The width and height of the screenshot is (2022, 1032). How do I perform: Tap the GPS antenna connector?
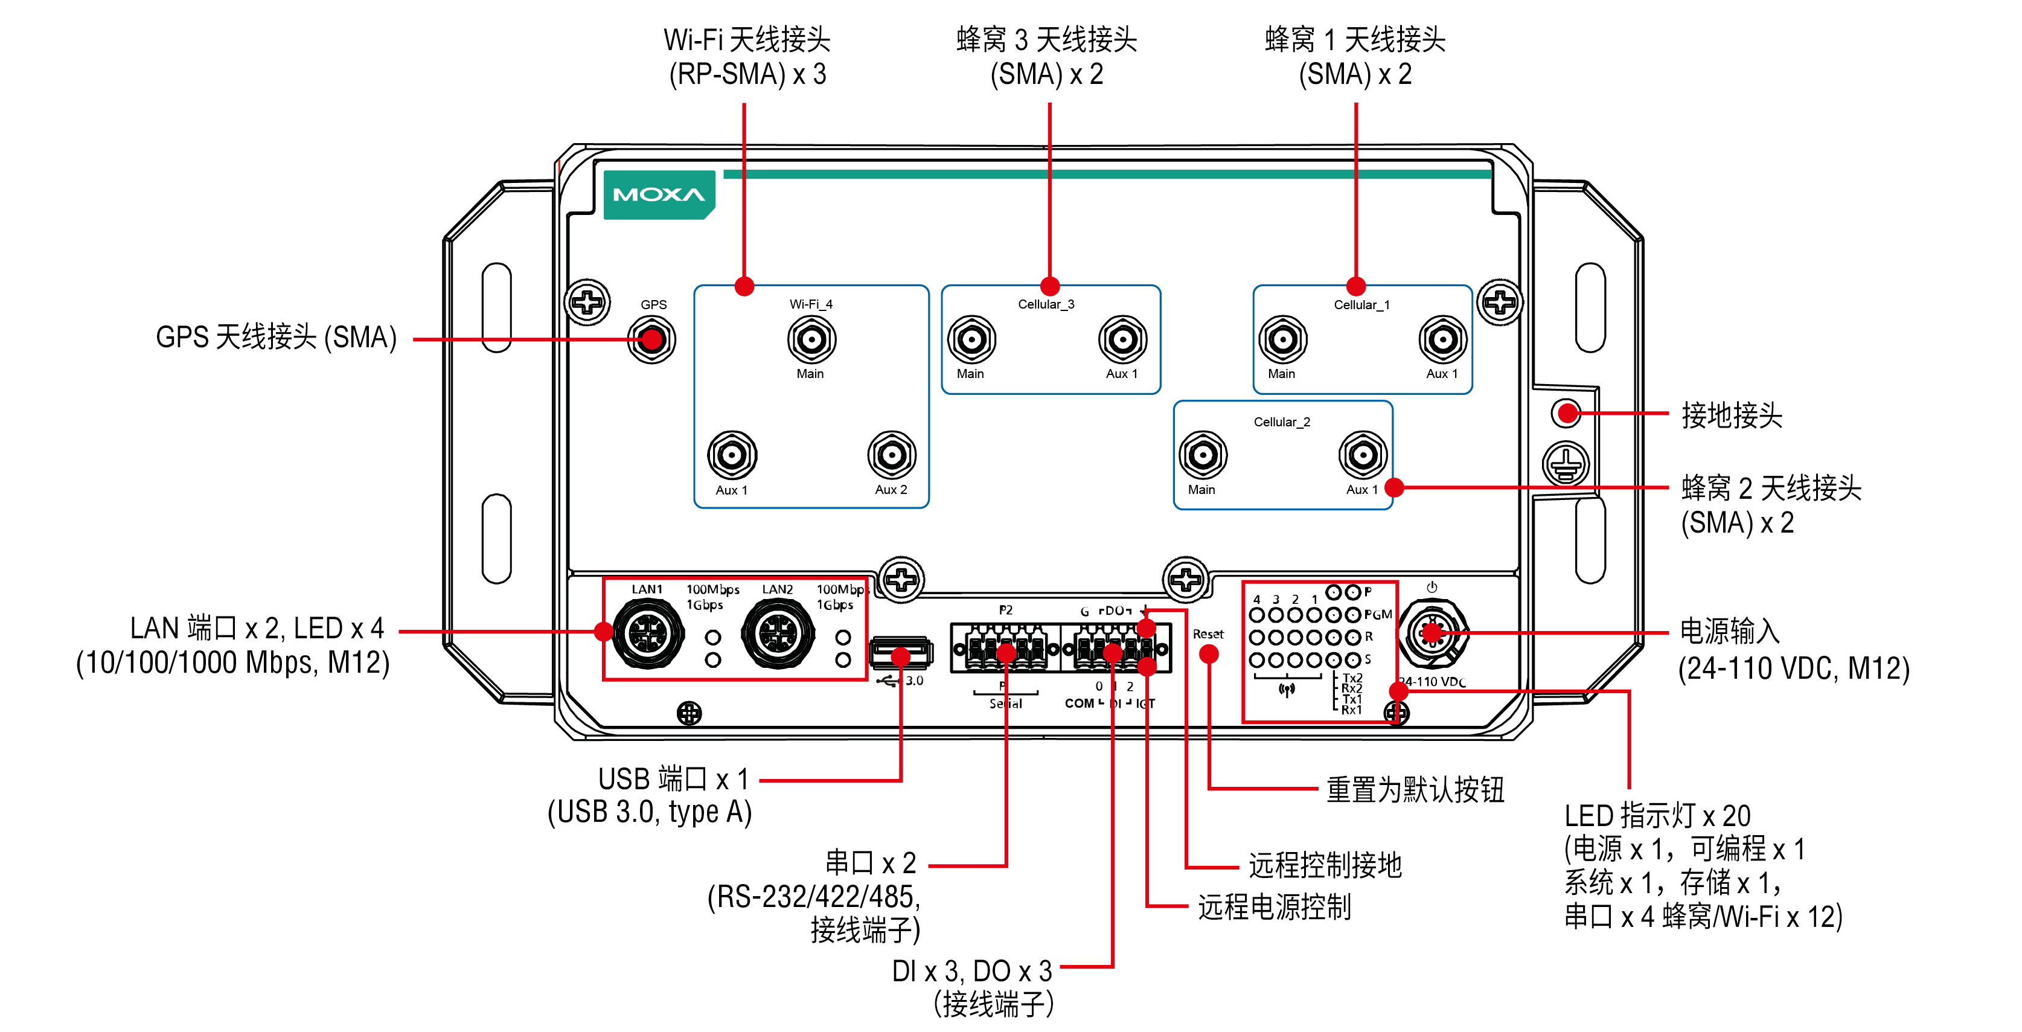pos(651,340)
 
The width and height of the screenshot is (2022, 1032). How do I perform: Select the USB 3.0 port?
pos(901,654)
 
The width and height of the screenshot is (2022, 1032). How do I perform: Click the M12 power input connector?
pos(1433,632)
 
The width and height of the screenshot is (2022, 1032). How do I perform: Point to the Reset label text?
pos(1208,634)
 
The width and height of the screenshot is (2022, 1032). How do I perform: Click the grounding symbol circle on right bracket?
pos(1566,463)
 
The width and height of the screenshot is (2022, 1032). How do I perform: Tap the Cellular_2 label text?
pos(1282,422)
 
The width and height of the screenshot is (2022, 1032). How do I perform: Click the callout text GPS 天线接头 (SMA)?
pos(277,338)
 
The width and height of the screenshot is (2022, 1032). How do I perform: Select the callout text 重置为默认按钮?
pos(1415,789)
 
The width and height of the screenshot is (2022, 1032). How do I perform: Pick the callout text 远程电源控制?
pos(1274,907)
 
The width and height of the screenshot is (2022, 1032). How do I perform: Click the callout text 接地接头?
pos(1732,415)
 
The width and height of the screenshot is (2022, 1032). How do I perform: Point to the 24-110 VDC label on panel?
pos(1433,682)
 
